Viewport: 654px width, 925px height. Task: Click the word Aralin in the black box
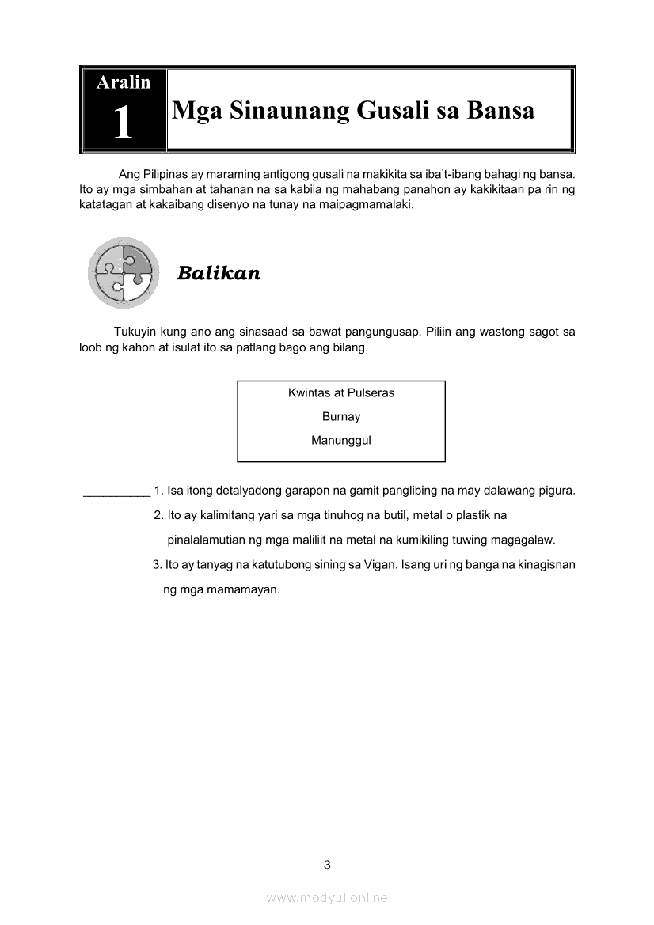point(123,82)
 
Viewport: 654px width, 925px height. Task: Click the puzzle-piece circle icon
point(124,273)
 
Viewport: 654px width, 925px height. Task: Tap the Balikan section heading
point(219,274)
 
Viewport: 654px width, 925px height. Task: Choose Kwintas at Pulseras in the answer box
point(341,392)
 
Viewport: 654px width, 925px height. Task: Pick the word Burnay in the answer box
point(341,416)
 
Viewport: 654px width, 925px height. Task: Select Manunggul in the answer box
point(341,440)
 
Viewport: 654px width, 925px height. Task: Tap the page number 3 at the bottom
point(327,865)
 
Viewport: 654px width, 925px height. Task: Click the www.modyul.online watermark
point(327,898)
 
